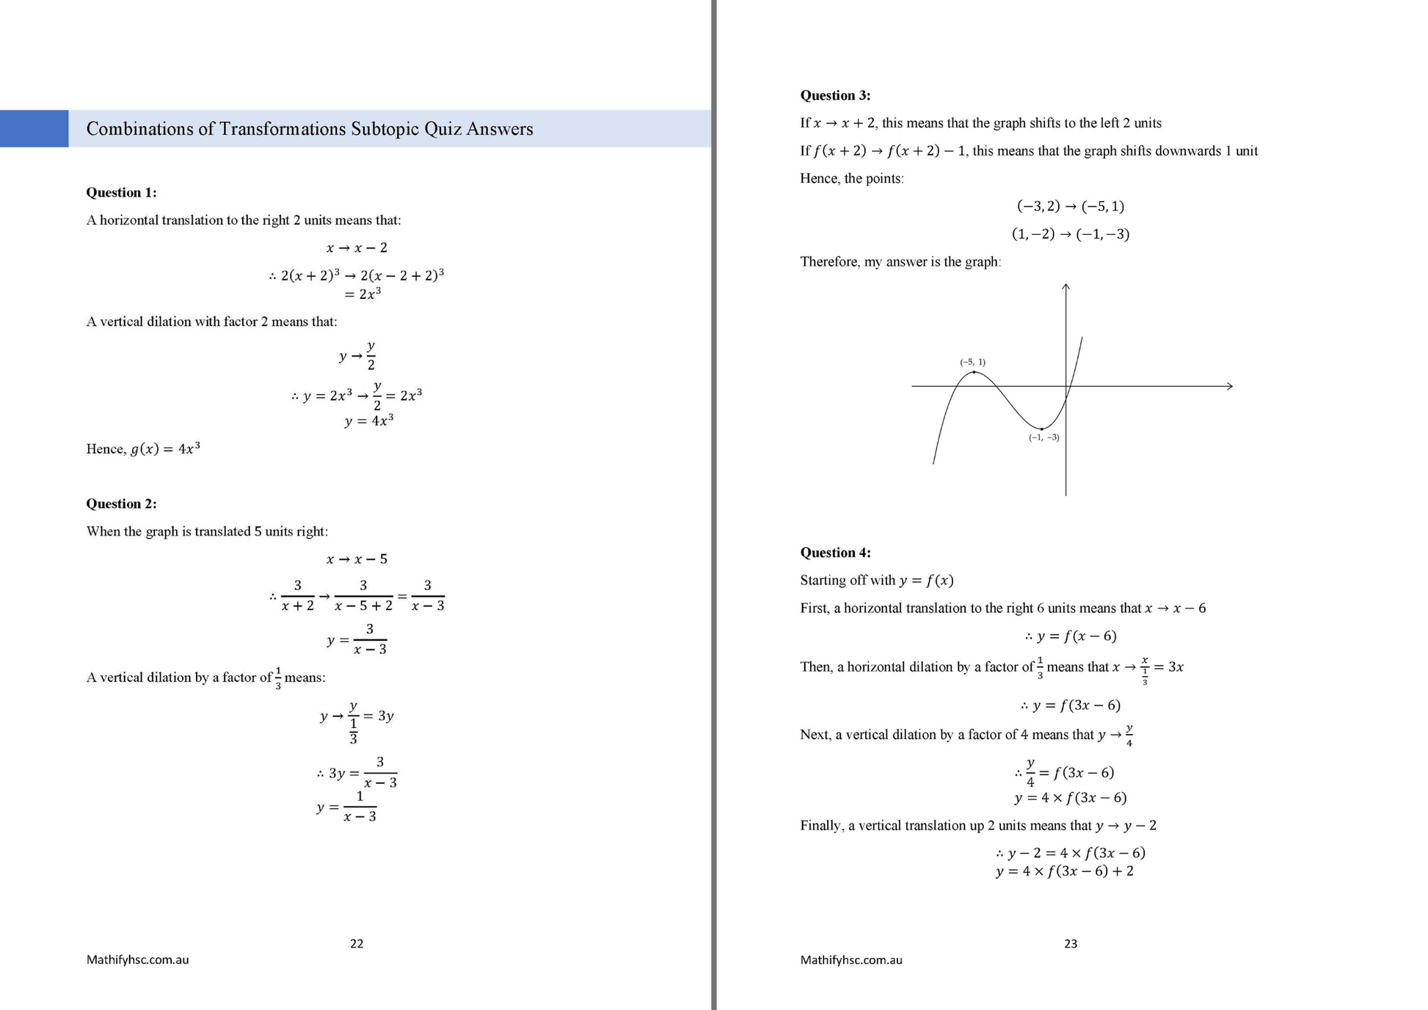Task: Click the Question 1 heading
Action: point(121,192)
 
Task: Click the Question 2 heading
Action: point(121,504)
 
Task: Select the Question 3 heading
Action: point(835,95)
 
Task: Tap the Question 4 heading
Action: point(835,553)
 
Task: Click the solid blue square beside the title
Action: point(34,128)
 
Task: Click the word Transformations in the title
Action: point(283,129)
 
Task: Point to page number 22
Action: point(357,943)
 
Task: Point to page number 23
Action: point(1071,943)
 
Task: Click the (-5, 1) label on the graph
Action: point(972,362)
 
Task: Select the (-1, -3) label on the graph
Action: point(1043,437)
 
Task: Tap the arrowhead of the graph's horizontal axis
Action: point(1230,386)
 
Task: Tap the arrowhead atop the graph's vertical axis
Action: point(1065,287)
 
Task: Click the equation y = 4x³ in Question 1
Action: point(369,421)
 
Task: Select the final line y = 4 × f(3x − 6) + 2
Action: point(1064,871)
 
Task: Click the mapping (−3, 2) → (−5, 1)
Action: point(1071,206)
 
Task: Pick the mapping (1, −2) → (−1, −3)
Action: point(1071,234)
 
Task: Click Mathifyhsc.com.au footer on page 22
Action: point(137,959)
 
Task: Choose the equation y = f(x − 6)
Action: point(1071,636)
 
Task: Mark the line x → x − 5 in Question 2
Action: point(357,559)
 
